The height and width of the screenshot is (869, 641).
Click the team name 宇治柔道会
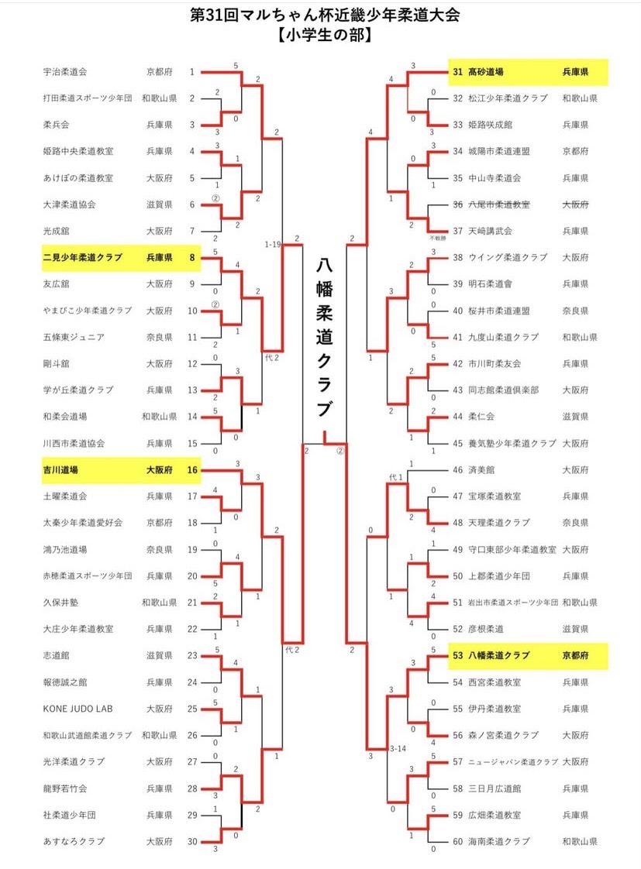65,71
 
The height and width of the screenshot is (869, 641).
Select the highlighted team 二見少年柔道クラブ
83,257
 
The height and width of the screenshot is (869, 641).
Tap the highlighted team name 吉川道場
60,470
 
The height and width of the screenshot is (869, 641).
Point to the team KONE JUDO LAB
78,709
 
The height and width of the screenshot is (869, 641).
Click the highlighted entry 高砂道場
486,71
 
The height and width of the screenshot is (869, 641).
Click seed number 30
192,841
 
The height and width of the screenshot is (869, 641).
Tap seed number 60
457,841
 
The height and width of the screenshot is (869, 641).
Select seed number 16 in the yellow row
192,470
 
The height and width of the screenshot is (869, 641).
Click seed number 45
457,443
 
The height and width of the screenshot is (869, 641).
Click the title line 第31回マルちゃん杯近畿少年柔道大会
325,15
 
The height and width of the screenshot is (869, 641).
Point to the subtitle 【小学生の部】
325,35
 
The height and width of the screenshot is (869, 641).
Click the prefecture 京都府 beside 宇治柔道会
160,71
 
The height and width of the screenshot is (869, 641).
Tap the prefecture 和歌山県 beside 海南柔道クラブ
580,841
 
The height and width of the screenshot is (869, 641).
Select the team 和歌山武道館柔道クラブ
88,736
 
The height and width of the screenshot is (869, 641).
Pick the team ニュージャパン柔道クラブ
513,762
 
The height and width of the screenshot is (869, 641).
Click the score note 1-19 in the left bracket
273,244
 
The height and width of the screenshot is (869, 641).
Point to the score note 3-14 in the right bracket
398,749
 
